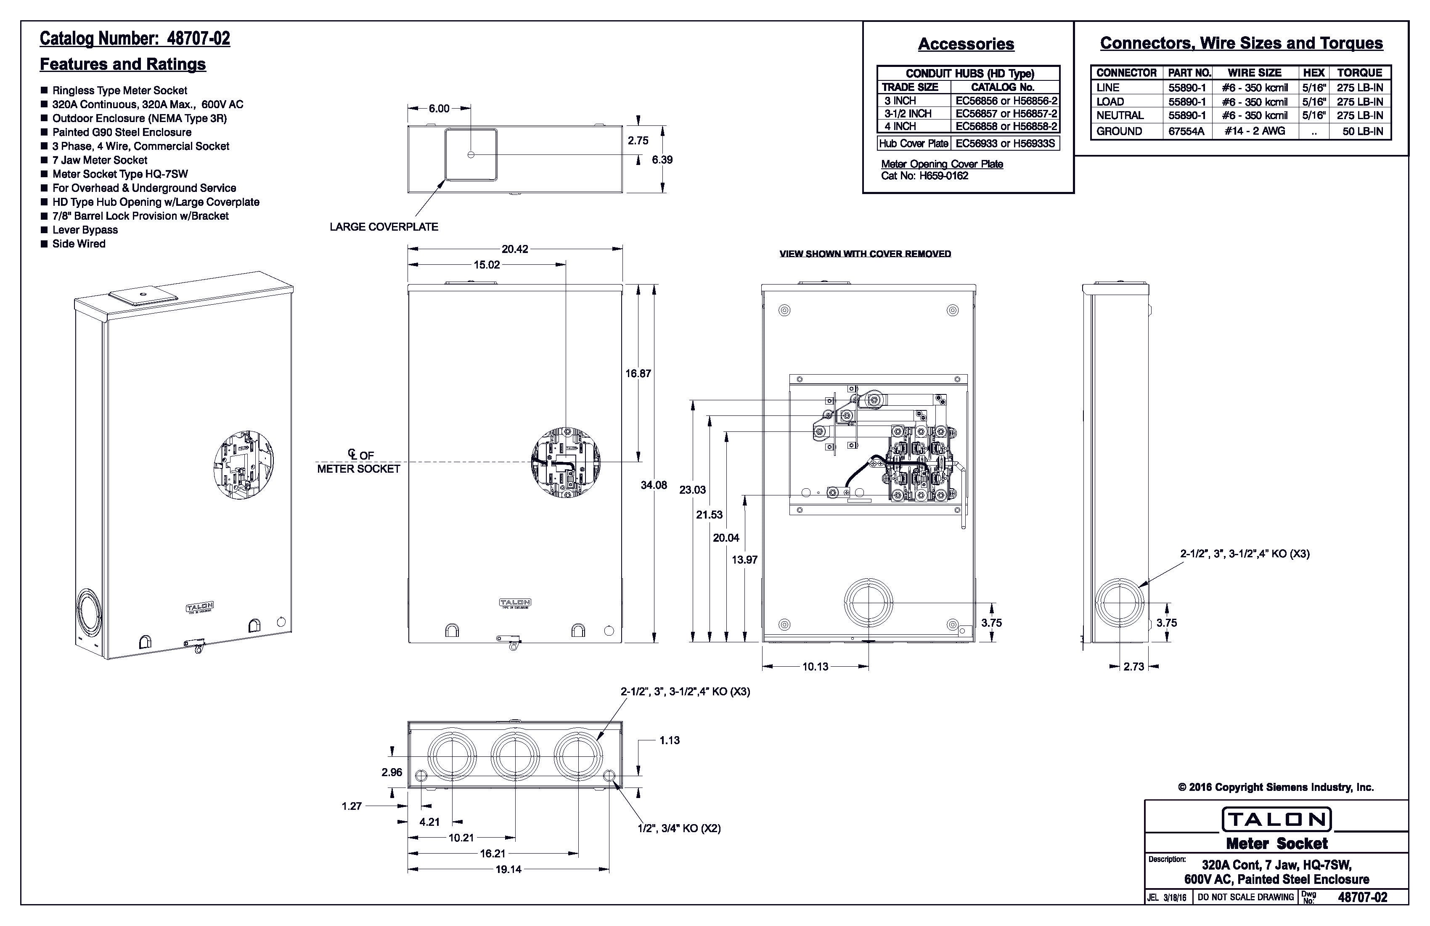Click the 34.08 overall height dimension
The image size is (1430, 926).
[x=653, y=485]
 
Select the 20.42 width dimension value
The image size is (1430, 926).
[x=515, y=249]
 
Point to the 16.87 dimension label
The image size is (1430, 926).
[x=638, y=373]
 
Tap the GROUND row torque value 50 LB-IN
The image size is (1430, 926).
[x=1362, y=131]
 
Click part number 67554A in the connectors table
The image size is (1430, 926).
[x=1186, y=131]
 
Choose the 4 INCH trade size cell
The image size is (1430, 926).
[x=900, y=126]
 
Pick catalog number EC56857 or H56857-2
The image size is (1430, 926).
[x=1006, y=114]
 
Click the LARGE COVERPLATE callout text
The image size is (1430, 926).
[x=384, y=227]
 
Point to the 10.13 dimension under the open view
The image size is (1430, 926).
[x=816, y=666]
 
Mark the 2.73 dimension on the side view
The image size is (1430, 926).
[x=1134, y=666]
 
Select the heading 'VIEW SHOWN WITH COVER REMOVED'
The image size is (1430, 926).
[x=865, y=254]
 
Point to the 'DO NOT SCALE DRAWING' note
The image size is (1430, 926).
[x=1245, y=897]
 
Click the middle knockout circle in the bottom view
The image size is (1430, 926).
[x=515, y=755]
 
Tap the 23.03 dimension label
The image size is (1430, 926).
[x=692, y=490]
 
